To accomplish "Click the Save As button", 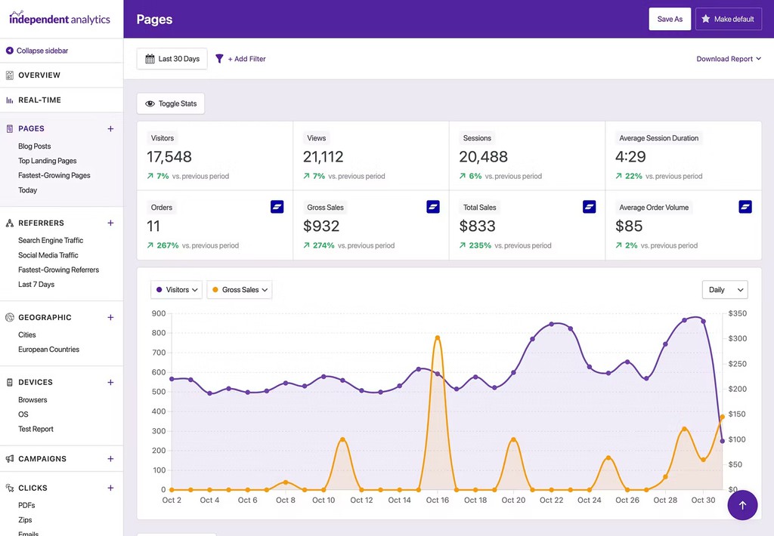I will pyautogui.click(x=670, y=19).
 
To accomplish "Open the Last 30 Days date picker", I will pyautogui.click(x=172, y=59).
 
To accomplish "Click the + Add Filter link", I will pyautogui.click(x=241, y=59).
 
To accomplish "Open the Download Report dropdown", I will pyautogui.click(x=729, y=59).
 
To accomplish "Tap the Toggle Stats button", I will pyautogui.click(x=171, y=103).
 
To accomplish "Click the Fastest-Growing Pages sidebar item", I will pyautogui.click(x=54, y=175).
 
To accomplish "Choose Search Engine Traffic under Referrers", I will pyautogui.click(x=51, y=240).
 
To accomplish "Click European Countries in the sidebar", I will pyautogui.click(x=48, y=350).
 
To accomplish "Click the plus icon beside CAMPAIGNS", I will pyautogui.click(x=110, y=459).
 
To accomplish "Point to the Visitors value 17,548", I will pyautogui.click(x=169, y=157).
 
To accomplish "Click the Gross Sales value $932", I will pyautogui.click(x=321, y=226).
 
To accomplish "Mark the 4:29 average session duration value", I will pyautogui.click(x=630, y=157).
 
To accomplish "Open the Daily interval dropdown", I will pyautogui.click(x=724, y=290).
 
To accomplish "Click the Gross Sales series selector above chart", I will pyautogui.click(x=239, y=290).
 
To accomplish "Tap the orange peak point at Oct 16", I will pyautogui.click(x=438, y=337).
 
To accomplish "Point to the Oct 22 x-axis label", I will pyautogui.click(x=552, y=500).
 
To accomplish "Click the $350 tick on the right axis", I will pyautogui.click(x=737, y=313).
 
